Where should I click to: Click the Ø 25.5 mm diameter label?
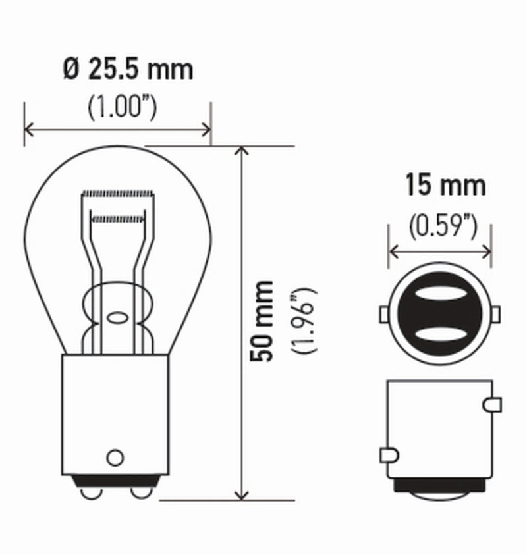click(x=129, y=69)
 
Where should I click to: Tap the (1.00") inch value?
click(x=123, y=107)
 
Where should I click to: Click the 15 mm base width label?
click(x=445, y=186)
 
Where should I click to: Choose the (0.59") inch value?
click(x=442, y=226)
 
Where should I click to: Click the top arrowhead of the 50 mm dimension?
click(x=242, y=152)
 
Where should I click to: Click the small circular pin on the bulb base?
click(x=115, y=457)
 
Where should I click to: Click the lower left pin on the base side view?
click(x=389, y=454)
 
